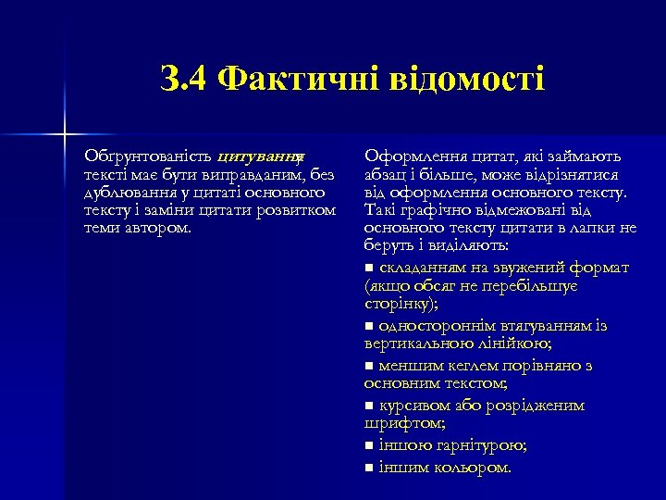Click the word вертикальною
point(413,344)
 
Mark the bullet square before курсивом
point(370,406)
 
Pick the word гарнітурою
point(481,446)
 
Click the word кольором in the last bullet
point(472,468)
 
